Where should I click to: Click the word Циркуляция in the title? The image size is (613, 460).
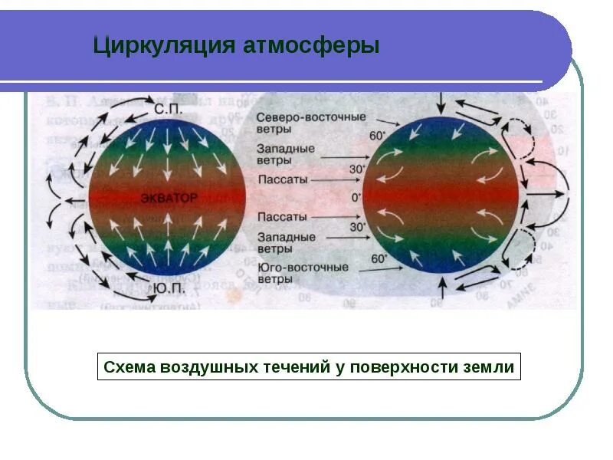tap(157, 45)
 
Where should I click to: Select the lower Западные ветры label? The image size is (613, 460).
tap(286, 243)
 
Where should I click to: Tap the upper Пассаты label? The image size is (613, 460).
tap(284, 179)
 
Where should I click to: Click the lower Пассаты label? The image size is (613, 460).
tap(284, 217)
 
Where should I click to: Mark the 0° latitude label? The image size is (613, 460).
tap(356, 198)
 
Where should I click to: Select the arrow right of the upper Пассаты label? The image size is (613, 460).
tap(333, 179)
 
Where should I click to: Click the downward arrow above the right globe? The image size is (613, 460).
tap(442, 102)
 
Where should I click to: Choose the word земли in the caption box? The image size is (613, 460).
tap(493, 367)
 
